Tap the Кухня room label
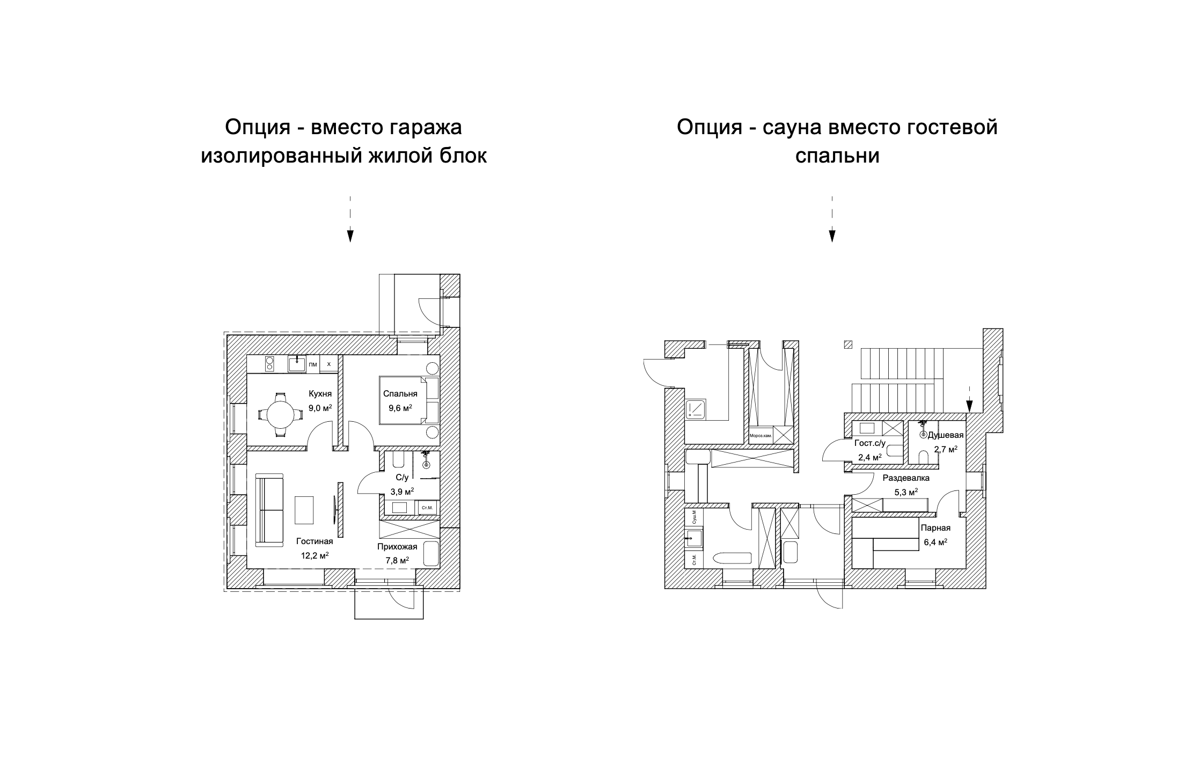pos(320,393)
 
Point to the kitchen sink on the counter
pos(297,364)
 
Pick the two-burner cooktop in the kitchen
pos(269,364)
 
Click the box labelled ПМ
pos(313,364)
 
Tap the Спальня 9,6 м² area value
pos(400,408)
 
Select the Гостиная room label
pos(315,541)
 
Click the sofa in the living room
pos(269,509)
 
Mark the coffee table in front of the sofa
pos(304,510)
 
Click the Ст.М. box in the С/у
pos(427,508)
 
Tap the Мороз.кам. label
pos(761,435)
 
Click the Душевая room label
pos(946,435)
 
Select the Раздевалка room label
pos(906,478)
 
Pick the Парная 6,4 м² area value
pos(935,542)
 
